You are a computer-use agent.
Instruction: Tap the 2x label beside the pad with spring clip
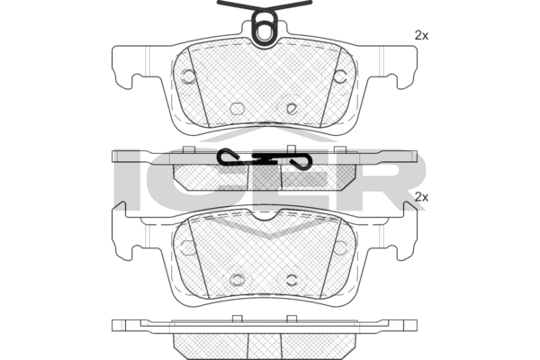point(421,35)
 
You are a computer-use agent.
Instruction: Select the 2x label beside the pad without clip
point(421,197)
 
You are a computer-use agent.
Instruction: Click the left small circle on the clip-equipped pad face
point(188,76)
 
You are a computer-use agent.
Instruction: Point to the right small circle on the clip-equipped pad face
point(340,76)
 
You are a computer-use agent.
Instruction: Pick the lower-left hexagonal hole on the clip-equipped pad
point(237,109)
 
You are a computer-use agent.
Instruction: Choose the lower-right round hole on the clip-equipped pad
point(292,109)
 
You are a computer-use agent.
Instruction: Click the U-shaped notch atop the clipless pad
point(264,217)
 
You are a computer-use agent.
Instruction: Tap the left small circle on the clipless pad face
point(188,247)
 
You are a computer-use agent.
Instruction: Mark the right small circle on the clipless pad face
point(340,247)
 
